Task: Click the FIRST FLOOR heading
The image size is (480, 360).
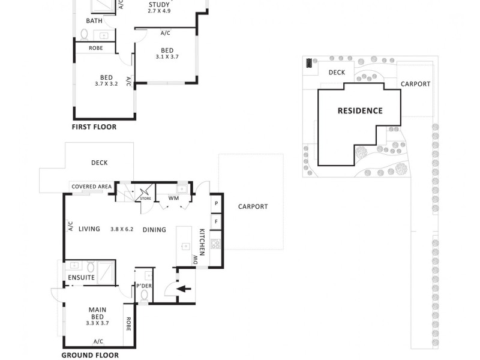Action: pos(94,127)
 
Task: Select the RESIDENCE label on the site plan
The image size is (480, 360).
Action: pos(360,110)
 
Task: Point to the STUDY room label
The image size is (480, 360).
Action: pos(159,5)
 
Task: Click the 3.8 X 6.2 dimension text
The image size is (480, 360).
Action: pos(122,229)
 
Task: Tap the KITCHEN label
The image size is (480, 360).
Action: pos(202,242)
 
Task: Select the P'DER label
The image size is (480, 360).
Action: pos(144,286)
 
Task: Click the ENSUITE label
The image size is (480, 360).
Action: pos(81,278)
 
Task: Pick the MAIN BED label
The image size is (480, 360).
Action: pos(98,313)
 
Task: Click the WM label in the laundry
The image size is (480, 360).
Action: pos(173,198)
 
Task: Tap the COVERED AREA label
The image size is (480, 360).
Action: pos(92,187)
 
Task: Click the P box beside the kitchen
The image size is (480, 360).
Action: pos(216,204)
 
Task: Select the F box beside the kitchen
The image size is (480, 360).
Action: pos(216,221)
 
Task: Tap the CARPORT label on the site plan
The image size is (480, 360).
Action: pos(415,84)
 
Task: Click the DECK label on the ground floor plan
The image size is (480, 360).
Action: pos(99,163)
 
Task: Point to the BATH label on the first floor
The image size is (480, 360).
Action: pos(94,20)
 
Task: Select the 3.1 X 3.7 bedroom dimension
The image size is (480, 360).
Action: pos(167,57)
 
